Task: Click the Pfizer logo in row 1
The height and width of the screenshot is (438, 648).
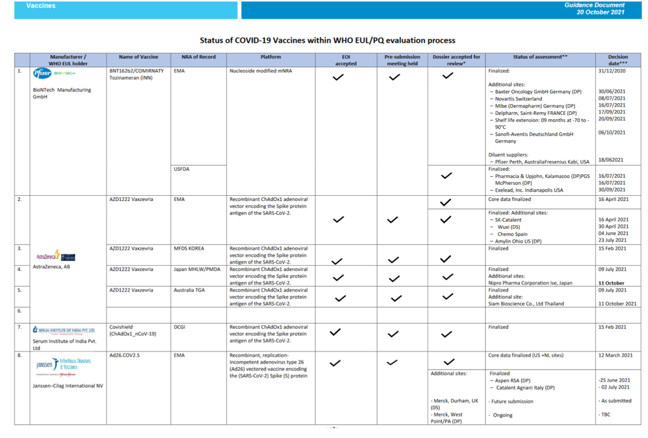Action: coord(42,74)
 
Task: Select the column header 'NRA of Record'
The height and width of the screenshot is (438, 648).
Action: coord(198,57)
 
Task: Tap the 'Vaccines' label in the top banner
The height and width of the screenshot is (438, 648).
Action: coord(41,6)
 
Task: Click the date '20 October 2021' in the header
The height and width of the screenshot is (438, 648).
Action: coord(601,12)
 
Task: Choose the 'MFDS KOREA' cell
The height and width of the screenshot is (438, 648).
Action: coord(189,248)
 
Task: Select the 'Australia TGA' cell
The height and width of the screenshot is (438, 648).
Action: coord(190,290)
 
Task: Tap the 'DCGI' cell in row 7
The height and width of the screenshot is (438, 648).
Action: coord(180,327)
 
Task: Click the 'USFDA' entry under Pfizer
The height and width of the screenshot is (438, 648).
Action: coord(182,169)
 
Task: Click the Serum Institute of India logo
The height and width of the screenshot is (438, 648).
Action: coord(63,330)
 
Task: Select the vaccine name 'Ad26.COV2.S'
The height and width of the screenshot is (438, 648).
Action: coord(125,355)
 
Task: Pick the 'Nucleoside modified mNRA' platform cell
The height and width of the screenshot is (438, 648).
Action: coord(261,71)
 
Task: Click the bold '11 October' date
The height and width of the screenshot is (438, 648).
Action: coord(611,283)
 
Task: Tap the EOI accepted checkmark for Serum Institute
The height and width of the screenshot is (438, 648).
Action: coord(335,332)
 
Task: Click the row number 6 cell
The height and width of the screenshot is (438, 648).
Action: coord(20,311)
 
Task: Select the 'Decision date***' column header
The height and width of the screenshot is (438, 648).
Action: coord(618,60)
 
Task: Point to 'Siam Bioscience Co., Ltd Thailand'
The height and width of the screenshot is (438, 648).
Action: coord(526,304)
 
